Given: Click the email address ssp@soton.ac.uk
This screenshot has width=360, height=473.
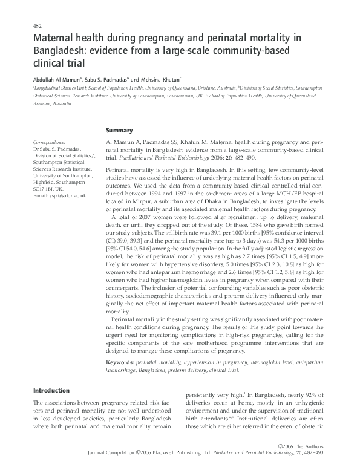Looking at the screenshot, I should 62,196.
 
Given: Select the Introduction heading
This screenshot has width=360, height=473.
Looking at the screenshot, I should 51,391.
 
